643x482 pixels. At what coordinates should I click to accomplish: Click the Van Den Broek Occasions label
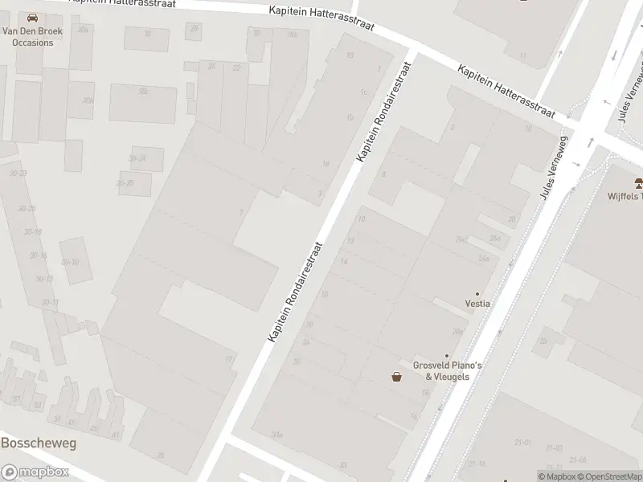pos(27,37)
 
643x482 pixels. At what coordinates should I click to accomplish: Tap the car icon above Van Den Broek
pos(32,18)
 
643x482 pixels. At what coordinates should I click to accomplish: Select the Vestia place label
pos(477,304)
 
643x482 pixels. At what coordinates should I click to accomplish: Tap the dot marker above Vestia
pos(477,293)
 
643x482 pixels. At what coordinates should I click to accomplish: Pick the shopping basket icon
pos(396,377)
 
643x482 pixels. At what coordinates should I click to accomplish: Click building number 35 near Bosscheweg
pos(160,455)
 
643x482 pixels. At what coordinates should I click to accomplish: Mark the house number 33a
pos(277,434)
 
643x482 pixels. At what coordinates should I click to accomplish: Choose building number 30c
pos(144,91)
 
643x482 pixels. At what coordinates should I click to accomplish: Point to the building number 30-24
pos(137,158)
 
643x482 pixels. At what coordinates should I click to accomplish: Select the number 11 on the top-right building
pos(522,55)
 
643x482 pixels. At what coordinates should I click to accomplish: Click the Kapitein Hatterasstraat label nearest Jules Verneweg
pos(506,91)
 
